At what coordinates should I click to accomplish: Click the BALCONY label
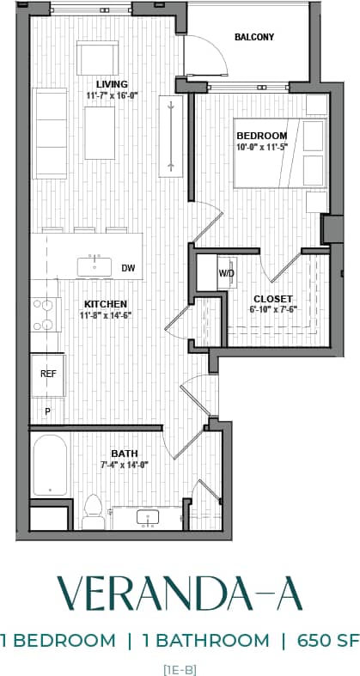click(253, 37)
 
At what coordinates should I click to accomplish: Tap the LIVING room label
click(112, 84)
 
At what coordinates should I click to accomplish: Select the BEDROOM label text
click(262, 136)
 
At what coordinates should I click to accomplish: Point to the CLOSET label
click(272, 299)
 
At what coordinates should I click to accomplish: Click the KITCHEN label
click(106, 304)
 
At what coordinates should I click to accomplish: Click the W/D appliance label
click(227, 273)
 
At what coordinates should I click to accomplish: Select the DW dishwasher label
click(128, 268)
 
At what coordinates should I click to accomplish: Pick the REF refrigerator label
click(48, 375)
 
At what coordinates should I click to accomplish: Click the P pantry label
click(48, 411)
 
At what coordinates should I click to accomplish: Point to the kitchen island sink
click(94, 266)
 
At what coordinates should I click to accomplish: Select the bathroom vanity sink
click(149, 518)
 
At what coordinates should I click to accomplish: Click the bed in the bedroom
click(279, 153)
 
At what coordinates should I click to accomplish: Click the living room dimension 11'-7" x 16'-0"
click(112, 96)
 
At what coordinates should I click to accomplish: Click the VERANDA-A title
click(180, 594)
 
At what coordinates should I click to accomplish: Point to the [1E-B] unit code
click(180, 666)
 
